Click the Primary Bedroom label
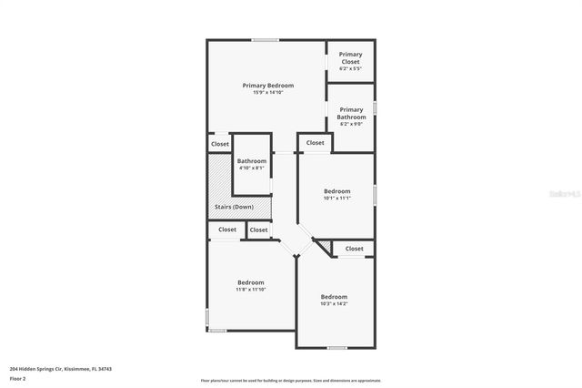[267, 85]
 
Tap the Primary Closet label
[350, 58]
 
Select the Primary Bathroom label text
[351, 113]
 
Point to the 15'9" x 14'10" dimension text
[267, 92]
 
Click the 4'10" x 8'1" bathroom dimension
[251, 168]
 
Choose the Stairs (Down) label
[234, 207]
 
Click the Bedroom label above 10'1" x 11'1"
[336, 190]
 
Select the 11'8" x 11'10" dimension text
[251, 290]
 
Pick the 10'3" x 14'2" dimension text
[334, 303]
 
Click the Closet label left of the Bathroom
[220, 144]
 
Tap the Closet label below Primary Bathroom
[315, 143]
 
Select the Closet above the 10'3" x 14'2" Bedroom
[354, 248]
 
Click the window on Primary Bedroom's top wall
[265, 39]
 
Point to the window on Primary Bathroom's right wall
[374, 107]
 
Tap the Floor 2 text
[17, 378]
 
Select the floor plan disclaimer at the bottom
[290, 380]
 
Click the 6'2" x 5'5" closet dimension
[350, 68]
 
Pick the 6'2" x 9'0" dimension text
[351, 124]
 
